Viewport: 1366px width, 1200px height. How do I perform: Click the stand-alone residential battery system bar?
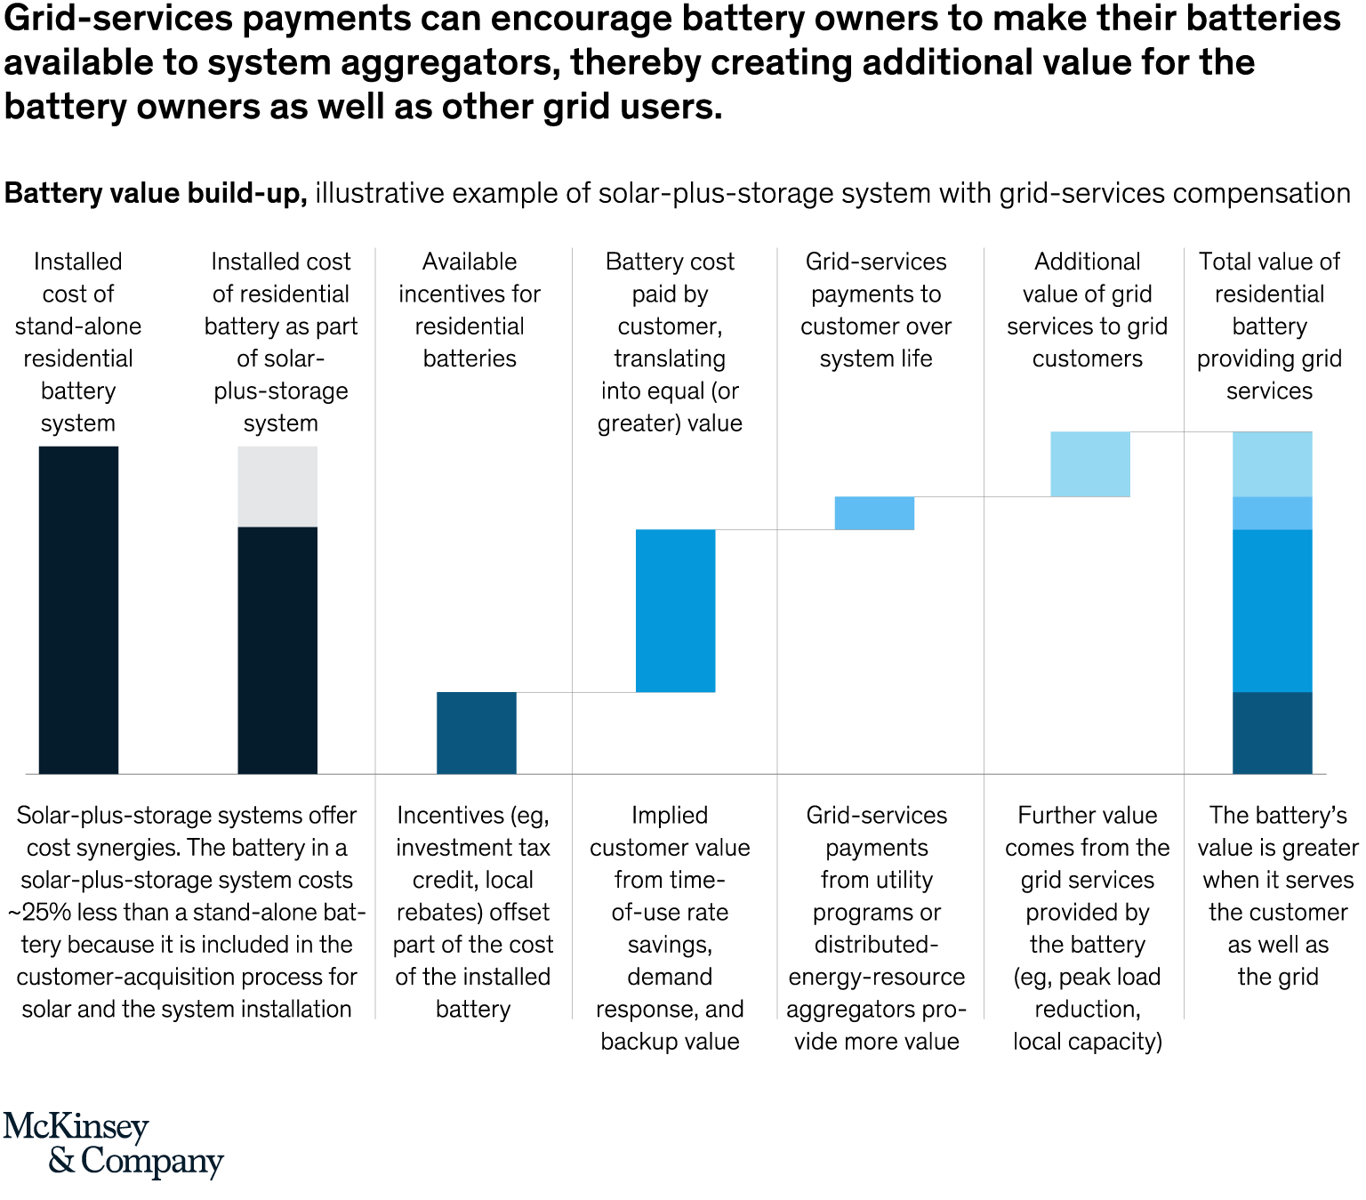tap(78, 609)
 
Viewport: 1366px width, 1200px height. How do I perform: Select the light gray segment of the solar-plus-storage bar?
tap(277, 486)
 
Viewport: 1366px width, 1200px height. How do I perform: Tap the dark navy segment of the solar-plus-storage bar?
tap(277, 649)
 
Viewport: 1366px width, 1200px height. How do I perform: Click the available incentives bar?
tap(476, 732)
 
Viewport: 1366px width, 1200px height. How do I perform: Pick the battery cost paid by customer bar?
tap(675, 610)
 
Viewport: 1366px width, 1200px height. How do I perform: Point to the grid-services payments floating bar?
tap(874, 513)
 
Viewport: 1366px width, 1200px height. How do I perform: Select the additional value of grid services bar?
tap(1090, 463)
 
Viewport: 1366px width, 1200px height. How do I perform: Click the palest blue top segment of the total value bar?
tap(1272, 463)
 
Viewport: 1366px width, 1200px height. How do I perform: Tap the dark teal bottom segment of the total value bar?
tap(1272, 732)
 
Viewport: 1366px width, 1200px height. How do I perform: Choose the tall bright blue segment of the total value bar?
tap(1272, 610)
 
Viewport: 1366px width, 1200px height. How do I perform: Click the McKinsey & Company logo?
tap(113, 1144)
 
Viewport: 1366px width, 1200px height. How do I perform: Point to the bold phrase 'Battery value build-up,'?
tap(156, 193)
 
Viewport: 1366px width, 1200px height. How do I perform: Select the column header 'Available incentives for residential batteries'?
tap(470, 310)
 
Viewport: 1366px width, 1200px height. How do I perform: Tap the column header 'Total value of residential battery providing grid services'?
tap(1269, 326)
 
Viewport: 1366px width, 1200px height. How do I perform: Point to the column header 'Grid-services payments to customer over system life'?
tap(876, 310)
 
